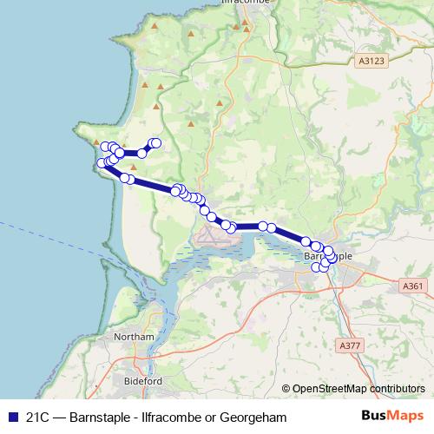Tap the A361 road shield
click(x=413, y=286)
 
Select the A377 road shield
click(x=351, y=345)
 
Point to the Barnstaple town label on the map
click(x=328, y=257)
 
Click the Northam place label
click(x=139, y=337)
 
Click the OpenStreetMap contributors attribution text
click(x=358, y=388)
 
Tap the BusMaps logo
click(x=392, y=417)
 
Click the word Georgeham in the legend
click(x=257, y=418)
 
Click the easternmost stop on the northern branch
click(x=156, y=143)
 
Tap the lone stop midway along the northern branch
click(x=141, y=154)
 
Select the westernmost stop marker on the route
click(x=102, y=162)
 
